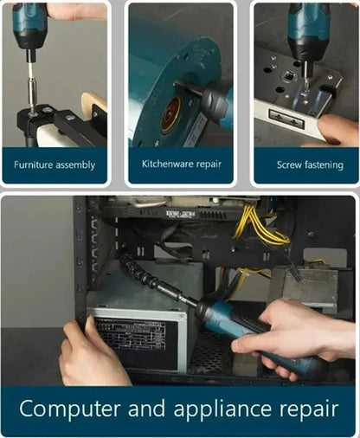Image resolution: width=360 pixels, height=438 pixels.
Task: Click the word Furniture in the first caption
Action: (x=32, y=164)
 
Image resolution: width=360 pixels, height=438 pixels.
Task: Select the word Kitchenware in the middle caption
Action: (x=164, y=164)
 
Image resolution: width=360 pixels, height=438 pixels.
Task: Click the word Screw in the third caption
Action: (x=290, y=164)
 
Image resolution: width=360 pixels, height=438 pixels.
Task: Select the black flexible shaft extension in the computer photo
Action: (x=157, y=278)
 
